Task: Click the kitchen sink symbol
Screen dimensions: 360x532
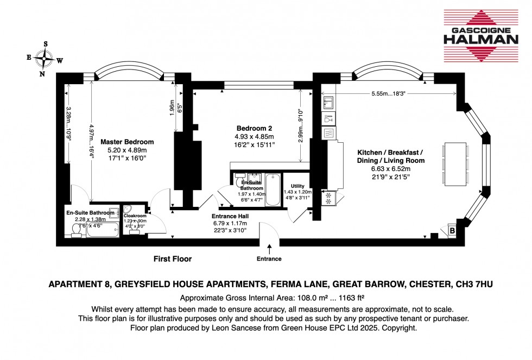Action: [329, 101]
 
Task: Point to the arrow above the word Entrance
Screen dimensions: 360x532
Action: [269, 249]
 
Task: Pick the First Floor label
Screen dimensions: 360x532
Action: [172, 259]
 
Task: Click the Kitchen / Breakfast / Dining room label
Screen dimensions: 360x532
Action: [390, 156]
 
